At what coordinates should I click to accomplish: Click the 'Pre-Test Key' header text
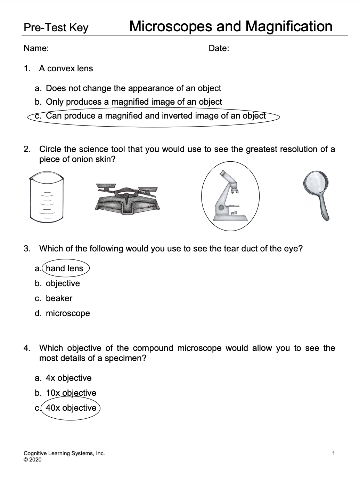pos(56,28)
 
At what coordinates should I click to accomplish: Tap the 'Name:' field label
pos(36,48)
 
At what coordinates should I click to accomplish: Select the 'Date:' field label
pos(219,48)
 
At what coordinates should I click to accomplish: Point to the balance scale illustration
pos(127,199)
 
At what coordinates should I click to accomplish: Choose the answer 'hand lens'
pos(65,268)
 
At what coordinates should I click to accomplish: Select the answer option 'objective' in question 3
pos(63,283)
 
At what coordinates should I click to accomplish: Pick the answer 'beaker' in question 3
pos(59,298)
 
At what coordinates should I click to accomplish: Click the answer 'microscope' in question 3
pos(68,313)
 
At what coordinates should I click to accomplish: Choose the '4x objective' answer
pos(69,378)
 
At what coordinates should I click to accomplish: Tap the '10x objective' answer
pos(71,393)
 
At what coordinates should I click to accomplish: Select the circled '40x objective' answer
pos(71,408)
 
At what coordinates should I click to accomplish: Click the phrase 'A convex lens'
pos(66,69)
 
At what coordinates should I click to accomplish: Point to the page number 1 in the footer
pos(334,453)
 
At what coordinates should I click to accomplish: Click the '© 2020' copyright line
pos(32,460)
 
